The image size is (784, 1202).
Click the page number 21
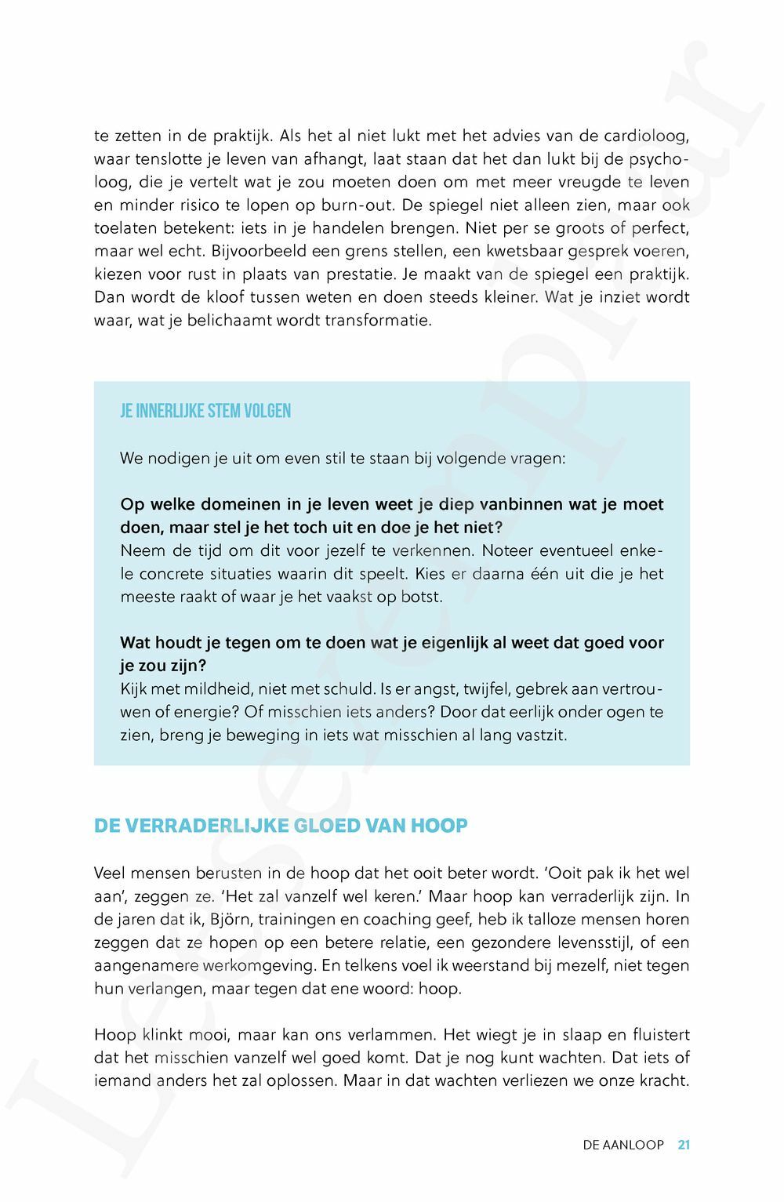point(684,1145)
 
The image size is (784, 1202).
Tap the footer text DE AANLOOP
point(623,1145)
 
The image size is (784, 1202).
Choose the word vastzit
point(540,735)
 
